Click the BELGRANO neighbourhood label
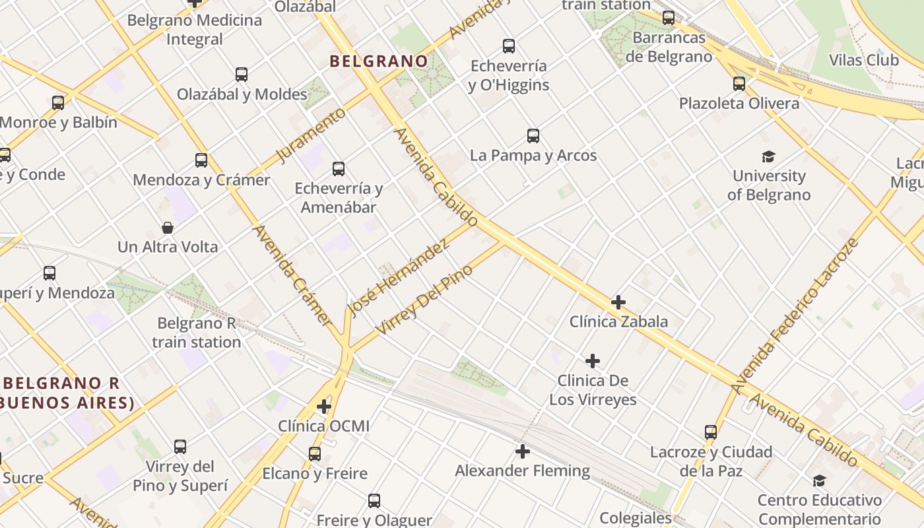[x=379, y=61]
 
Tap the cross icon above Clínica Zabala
[x=618, y=302]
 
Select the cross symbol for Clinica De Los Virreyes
[x=593, y=361]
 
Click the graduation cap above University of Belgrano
[x=768, y=156]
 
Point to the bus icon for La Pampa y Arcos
[x=533, y=136]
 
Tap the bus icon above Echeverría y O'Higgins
[x=508, y=46]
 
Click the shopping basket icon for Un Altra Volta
[x=168, y=228]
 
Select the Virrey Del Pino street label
[x=424, y=299]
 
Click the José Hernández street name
[x=399, y=277]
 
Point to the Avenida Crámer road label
[x=291, y=275]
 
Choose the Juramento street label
[x=310, y=135]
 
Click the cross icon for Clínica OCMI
[x=323, y=406]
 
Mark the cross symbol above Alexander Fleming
[x=523, y=451]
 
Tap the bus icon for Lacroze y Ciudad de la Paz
[x=711, y=432]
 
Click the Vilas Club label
[x=863, y=60]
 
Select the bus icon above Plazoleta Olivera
[x=739, y=84]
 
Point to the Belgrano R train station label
[x=196, y=333]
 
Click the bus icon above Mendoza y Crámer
[x=201, y=160]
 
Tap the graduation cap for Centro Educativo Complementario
[x=819, y=480]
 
